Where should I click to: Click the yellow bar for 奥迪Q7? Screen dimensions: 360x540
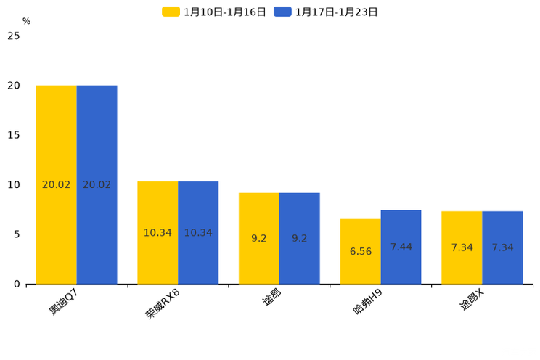pyautogui.click(x=56, y=184)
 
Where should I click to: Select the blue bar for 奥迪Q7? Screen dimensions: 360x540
pyautogui.click(x=97, y=184)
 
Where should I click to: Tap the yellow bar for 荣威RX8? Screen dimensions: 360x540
pyautogui.click(x=157, y=232)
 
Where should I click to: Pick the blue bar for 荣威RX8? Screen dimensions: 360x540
pyautogui.click(x=198, y=232)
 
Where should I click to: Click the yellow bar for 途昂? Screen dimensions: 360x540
pyautogui.click(x=259, y=238)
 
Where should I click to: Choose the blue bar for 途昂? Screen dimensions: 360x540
pyautogui.click(x=300, y=238)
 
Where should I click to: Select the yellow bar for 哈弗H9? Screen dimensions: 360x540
pyautogui.click(x=361, y=251)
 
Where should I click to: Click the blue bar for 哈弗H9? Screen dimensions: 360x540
pyautogui.click(x=401, y=247)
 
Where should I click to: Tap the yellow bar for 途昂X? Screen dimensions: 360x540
pyautogui.click(x=462, y=247)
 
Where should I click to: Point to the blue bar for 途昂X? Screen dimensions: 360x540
pyautogui.click(x=502, y=247)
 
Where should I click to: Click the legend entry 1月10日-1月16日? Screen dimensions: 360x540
pyautogui.click(x=214, y=12)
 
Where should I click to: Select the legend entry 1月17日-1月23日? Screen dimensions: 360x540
pyautogui.click(x=326, y=12)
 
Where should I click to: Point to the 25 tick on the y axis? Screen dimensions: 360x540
pyautogui.click(x=14, y=36)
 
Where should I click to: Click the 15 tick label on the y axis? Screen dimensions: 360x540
pyautogui.click(x=14, y=135)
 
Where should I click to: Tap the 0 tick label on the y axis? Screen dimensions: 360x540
pyautogui.click(x=17, y=284)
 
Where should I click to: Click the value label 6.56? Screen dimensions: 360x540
pyautogui.click(x=361, y=252)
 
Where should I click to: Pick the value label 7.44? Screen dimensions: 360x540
pyautogui.click(x=401, y=247)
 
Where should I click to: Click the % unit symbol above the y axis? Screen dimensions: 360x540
pyautogui.click(x=26, y=21)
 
